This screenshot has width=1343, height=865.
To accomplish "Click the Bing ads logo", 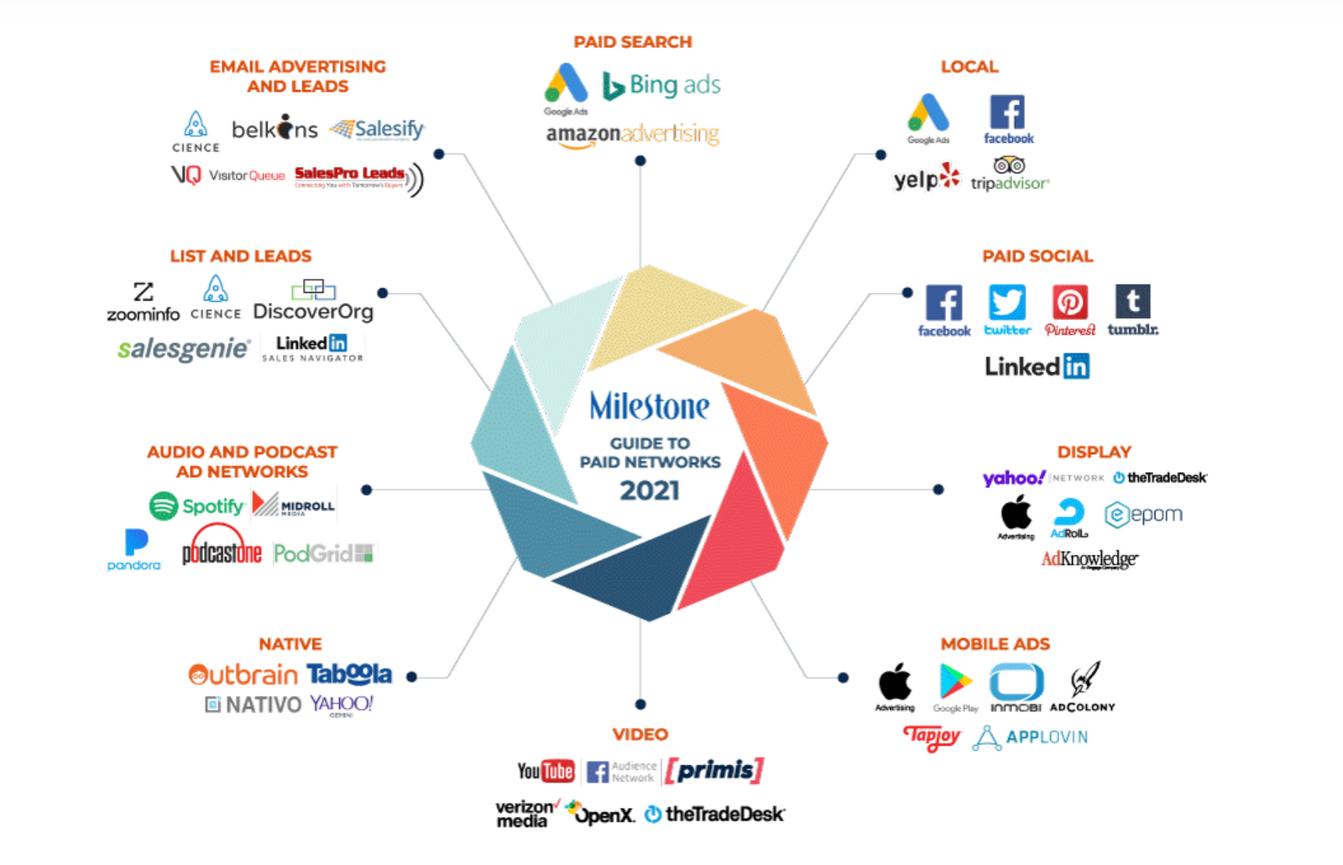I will point(661,85).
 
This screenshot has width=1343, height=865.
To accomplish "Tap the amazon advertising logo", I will point(632,134).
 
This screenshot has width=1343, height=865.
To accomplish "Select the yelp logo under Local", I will point(926,179).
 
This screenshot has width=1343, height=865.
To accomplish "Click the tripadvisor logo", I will point(1010,176).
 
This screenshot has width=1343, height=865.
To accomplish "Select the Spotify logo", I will point(196,506).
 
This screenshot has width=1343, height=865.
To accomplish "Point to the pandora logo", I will point(134,549).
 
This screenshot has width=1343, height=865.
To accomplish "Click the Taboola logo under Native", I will point(349,674).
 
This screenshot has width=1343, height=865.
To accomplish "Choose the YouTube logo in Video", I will point(546,770).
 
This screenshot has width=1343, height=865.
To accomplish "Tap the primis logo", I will point(714,770).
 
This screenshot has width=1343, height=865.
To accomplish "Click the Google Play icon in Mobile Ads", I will point(955,682).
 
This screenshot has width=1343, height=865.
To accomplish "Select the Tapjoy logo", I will point(932,737).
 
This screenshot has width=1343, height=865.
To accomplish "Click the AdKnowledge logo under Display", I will point(1090,559).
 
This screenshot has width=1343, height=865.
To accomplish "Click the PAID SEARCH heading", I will point(633,42).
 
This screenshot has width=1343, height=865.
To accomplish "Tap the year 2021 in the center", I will point(650,490).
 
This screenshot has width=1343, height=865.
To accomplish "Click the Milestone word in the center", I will point(650,406).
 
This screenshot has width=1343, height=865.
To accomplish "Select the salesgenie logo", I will point(183,349).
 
